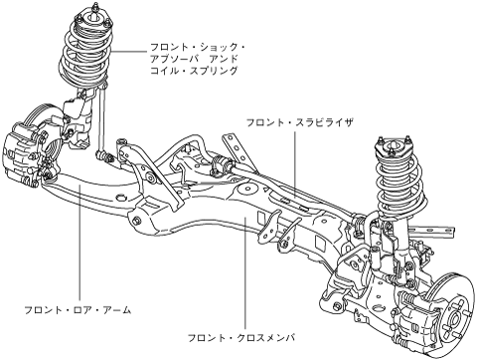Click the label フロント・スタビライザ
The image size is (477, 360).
click(x=300, y=122)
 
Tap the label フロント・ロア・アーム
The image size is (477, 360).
click(x=79, y=310)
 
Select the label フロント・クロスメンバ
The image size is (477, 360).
click(x=241, y=338)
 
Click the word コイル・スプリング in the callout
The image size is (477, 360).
click(x=194, y=71)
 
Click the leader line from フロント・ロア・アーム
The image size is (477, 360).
click(x=79, y=244)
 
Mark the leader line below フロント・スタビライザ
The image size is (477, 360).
click(x=295, y=164)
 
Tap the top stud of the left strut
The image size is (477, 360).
click(x=95, y=6)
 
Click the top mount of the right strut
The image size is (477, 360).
click(x=394, y=146)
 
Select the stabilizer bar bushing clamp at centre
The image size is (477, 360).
click(x=220, y=164)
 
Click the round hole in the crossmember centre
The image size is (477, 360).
click(x=247, y=190)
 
